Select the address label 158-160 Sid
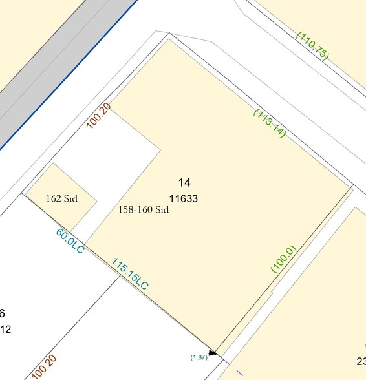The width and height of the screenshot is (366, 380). click(x=144, y=209)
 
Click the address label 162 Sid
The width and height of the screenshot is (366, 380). click(x=61, y=198)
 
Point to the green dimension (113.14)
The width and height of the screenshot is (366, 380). click(x=270, y=122)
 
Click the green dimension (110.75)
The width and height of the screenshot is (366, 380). click(x=312, y=45)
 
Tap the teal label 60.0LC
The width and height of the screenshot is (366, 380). click(x=70, y=240)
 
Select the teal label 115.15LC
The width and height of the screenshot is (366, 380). click(x=130, y=274)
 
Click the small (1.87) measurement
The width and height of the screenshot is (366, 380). click(x=199, y=357)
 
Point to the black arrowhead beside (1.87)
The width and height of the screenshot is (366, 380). click(x=213, y=353)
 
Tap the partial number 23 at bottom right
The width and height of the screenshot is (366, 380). click(x=361, y=361)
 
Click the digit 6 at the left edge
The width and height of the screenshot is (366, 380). click(x=3, y=314)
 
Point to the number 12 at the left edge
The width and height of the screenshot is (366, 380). click(x=5, y=330)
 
